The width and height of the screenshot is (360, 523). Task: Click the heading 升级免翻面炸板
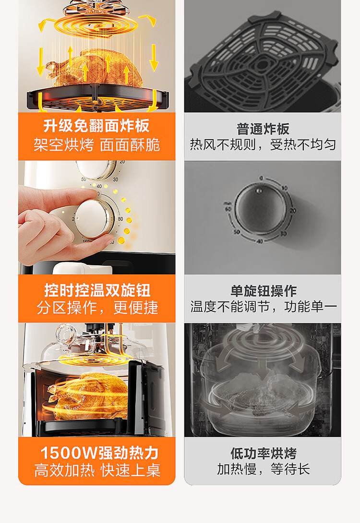click(96, 126)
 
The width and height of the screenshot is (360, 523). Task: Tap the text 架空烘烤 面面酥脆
click(97, 145)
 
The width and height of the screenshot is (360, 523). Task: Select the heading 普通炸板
click(263, 129)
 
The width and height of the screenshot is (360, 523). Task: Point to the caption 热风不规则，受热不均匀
click(263, 144)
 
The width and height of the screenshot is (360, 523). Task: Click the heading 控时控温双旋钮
click(97, 290)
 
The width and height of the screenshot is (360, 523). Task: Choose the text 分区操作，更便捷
click(97, 308)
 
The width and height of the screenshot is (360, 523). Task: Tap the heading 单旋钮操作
click(263, 291)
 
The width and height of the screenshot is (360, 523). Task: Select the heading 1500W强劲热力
click(99, 453)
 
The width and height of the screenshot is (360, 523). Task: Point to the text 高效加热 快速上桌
click(97, 470)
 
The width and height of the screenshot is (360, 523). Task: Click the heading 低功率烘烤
click(263, 453)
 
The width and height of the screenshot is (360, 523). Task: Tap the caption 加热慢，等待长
click(263, 469)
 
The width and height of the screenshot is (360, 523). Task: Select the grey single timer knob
click(260, 210)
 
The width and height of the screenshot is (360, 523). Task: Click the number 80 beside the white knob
click(120, 219)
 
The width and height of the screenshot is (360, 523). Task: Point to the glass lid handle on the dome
click(66, 333)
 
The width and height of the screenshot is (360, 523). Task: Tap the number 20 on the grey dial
click(293, 211)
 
